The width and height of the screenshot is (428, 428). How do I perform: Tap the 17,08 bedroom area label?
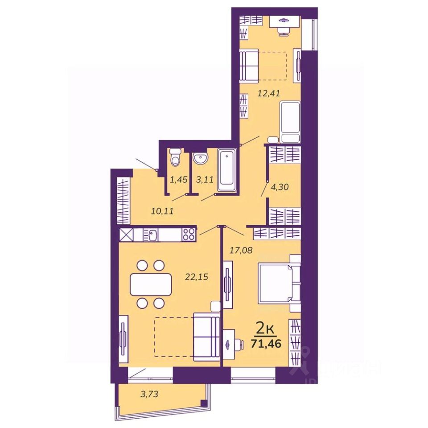point(241,251)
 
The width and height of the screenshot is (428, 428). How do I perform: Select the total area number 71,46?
point(266,343)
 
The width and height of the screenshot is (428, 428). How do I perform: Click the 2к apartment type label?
point(265,329)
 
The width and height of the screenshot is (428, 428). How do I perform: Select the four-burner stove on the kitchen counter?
point(189,234)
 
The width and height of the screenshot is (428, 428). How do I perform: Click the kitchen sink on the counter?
point(153,234)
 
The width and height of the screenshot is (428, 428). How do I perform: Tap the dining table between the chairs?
point(151,284)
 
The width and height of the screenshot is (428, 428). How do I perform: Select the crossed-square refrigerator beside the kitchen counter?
point(126,234)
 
